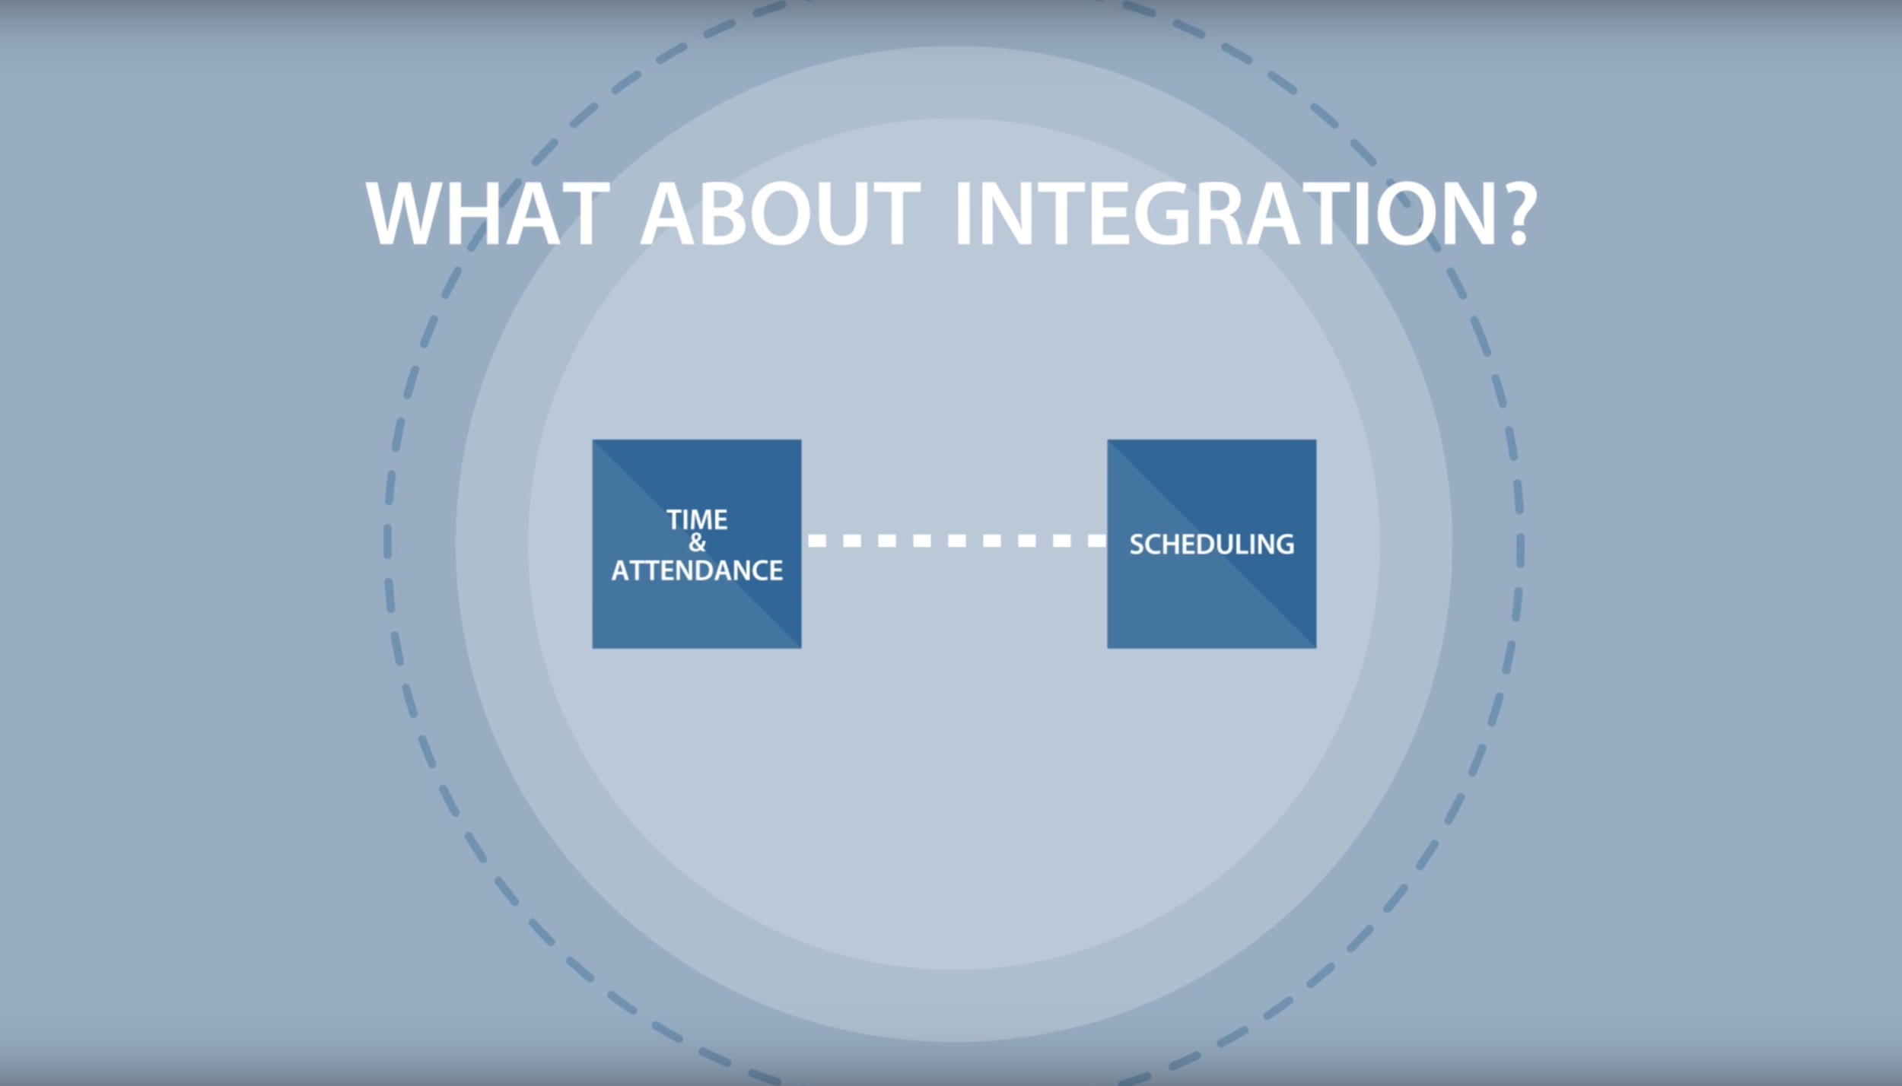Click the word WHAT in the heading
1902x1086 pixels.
pyautogui.click(x=488, y=214)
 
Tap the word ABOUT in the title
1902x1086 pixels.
pyautogui.click(x=781, y=214)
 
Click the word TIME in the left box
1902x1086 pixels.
pyautogui.click(x=697, y=520)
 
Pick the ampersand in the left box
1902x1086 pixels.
pyautogui.click(x=697, y=543)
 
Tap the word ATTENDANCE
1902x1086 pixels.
pyautogui.click(x=697, y=570)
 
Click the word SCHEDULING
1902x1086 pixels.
pyautogui.click(x=1211, y=545)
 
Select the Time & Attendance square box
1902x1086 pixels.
pyautogui.click(x=697, y=608)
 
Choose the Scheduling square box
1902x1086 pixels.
pyautogui.click(x=1211, y=608)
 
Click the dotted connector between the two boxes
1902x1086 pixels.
pyautogui.click(x=956, y=541)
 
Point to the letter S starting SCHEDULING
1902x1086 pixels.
pyautogui.click(x=1137, y=545)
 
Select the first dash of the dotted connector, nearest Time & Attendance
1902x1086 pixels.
pyautogui.click(x=817, y=541)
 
